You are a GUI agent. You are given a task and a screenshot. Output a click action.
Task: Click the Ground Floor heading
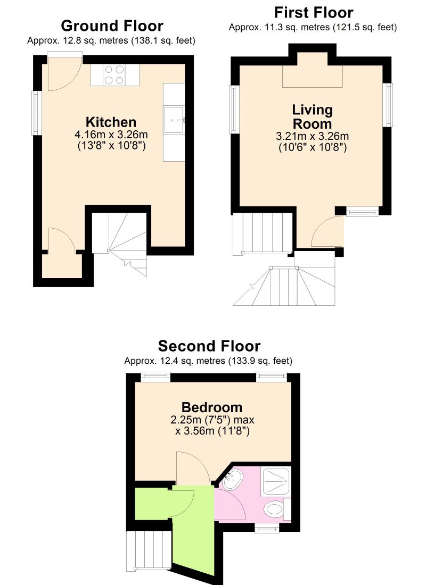112,26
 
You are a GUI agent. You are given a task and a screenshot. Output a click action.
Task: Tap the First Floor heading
313,12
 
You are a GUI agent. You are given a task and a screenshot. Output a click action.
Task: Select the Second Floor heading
209,346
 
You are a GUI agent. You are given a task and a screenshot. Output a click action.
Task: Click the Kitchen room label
111,121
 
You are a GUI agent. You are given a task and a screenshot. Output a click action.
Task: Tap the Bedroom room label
212,407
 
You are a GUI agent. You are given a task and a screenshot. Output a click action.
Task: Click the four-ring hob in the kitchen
114,74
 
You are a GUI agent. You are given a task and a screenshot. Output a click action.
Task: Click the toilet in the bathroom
275,510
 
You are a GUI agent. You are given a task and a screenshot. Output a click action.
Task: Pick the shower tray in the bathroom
276,481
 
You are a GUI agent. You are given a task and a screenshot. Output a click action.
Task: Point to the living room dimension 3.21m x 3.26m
312,137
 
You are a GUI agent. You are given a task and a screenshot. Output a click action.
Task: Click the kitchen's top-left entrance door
64,72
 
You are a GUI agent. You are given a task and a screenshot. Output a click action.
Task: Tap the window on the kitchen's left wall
36,113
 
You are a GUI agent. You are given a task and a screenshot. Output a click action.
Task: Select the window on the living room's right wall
390,105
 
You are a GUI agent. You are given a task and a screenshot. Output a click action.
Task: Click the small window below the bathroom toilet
267,528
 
